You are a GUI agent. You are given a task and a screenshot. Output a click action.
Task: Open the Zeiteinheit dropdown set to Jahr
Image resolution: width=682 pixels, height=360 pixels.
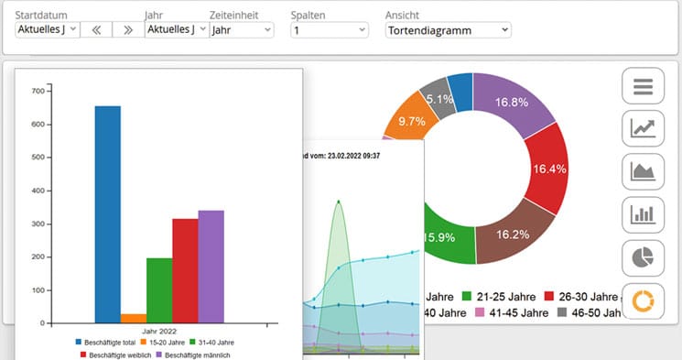(x=242, y=30)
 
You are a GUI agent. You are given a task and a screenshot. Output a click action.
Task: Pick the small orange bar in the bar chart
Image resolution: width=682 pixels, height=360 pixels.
(x=134, y=318)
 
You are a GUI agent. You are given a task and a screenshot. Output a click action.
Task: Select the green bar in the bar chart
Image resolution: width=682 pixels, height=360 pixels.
(x=159, y=290)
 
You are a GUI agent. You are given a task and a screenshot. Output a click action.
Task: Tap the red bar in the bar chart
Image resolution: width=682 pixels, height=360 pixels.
(x=185, y=270)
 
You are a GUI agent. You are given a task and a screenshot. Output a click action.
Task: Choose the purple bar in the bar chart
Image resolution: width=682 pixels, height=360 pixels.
(x=211, y=267)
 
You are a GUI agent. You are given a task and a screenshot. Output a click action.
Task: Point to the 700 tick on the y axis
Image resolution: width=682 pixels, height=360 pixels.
(x=38, y=91)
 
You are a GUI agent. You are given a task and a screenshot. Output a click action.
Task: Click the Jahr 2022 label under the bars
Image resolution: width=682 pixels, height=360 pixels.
(x=159, y=331)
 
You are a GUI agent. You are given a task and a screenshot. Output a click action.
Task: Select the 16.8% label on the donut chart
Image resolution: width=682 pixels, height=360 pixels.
(x=513, y=102)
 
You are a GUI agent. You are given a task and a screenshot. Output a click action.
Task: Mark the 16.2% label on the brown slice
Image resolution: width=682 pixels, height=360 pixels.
(x=512, y=235)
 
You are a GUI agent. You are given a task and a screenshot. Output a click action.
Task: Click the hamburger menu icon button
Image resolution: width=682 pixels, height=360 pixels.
(x=643, y=86)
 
